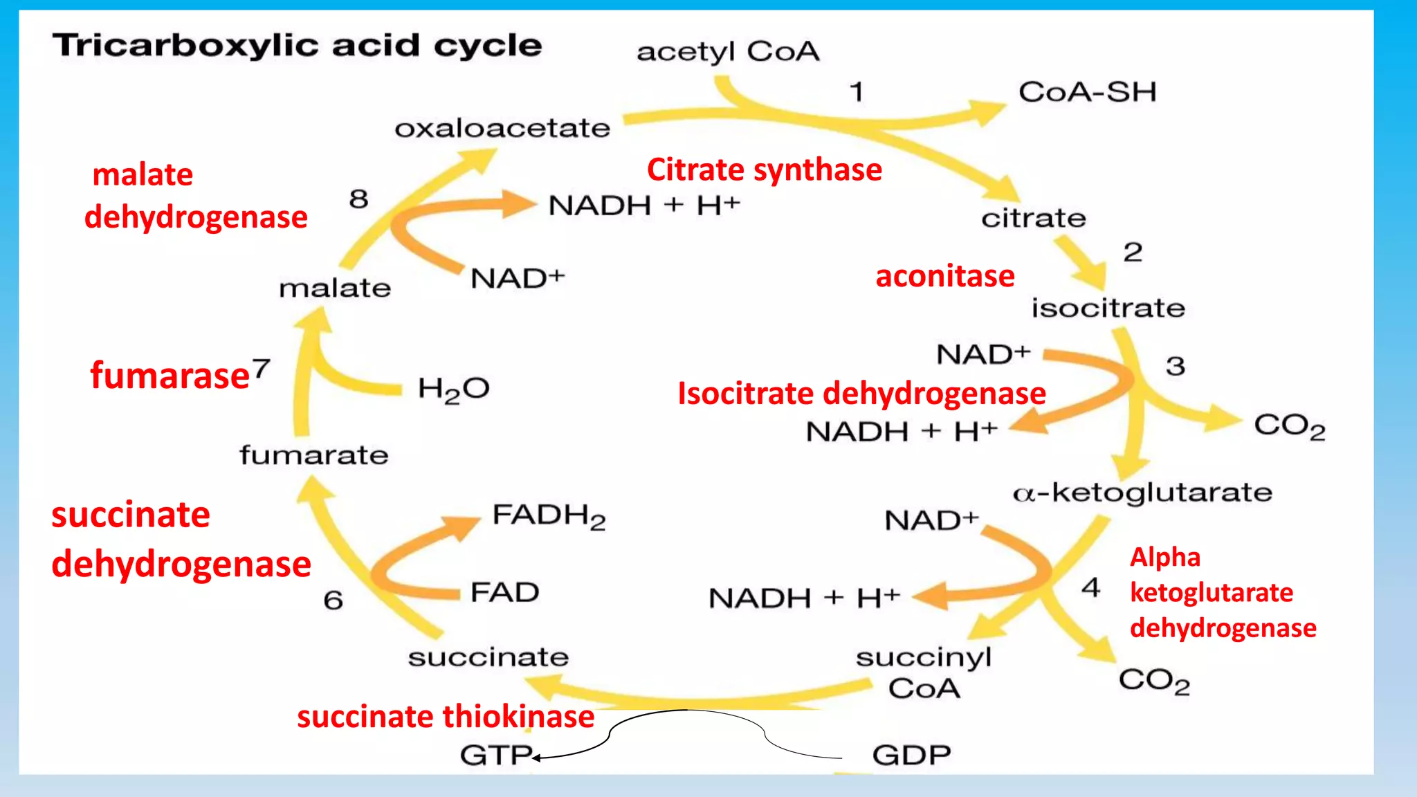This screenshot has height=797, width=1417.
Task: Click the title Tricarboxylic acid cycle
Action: click(298, 46)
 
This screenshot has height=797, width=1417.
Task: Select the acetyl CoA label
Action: click(728, 52)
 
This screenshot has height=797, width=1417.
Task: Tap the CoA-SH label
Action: click(1087, 92)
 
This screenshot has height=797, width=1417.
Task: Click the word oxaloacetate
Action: click(502, 129)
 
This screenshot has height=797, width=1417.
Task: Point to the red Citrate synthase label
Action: click(764, 170)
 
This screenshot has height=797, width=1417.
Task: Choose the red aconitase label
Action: click(944, 277)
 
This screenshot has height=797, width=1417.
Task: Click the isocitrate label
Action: click(1108, 309)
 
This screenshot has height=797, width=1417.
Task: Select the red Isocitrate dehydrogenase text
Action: click(861, 394)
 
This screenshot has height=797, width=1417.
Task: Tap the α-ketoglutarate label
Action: click(1142, 493)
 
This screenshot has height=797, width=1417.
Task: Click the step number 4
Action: click(1091, 588)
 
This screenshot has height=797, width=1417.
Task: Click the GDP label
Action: click(911, 755)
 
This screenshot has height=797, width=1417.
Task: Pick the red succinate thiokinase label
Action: click(446, 717)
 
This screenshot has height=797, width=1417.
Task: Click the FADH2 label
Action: click(549, 516)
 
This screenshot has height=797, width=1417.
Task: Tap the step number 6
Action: click(333, 601)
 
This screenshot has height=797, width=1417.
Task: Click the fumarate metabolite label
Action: click(314, 456)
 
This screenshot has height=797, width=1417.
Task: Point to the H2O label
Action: click(454, 390)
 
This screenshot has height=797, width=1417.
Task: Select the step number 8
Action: click(358, 200)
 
